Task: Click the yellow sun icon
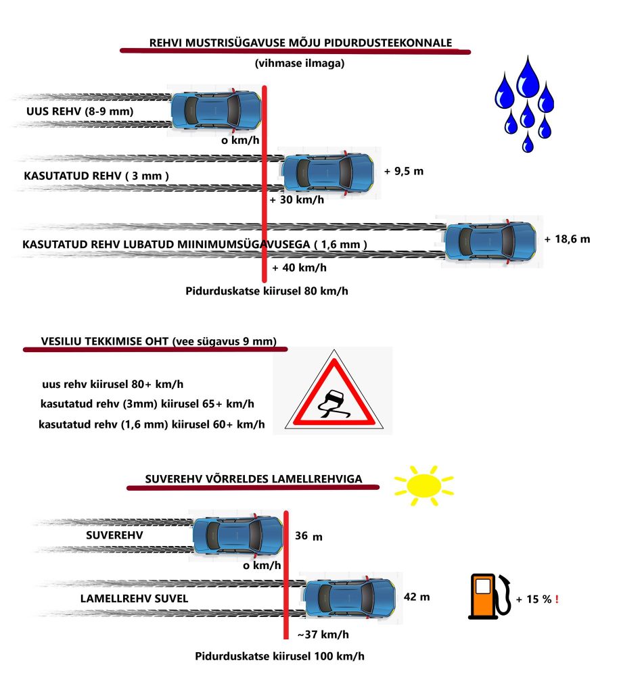(424, 485)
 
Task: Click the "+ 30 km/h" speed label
(296, 200)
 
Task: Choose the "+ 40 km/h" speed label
(299, 268)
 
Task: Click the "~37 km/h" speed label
(323, 634)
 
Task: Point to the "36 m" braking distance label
(309, 537)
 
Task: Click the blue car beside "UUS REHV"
(215, 109)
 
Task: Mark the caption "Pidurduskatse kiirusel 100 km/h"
(284, 656)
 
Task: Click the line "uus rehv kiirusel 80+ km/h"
(113, 384)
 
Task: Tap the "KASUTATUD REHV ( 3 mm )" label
(96, 176)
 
